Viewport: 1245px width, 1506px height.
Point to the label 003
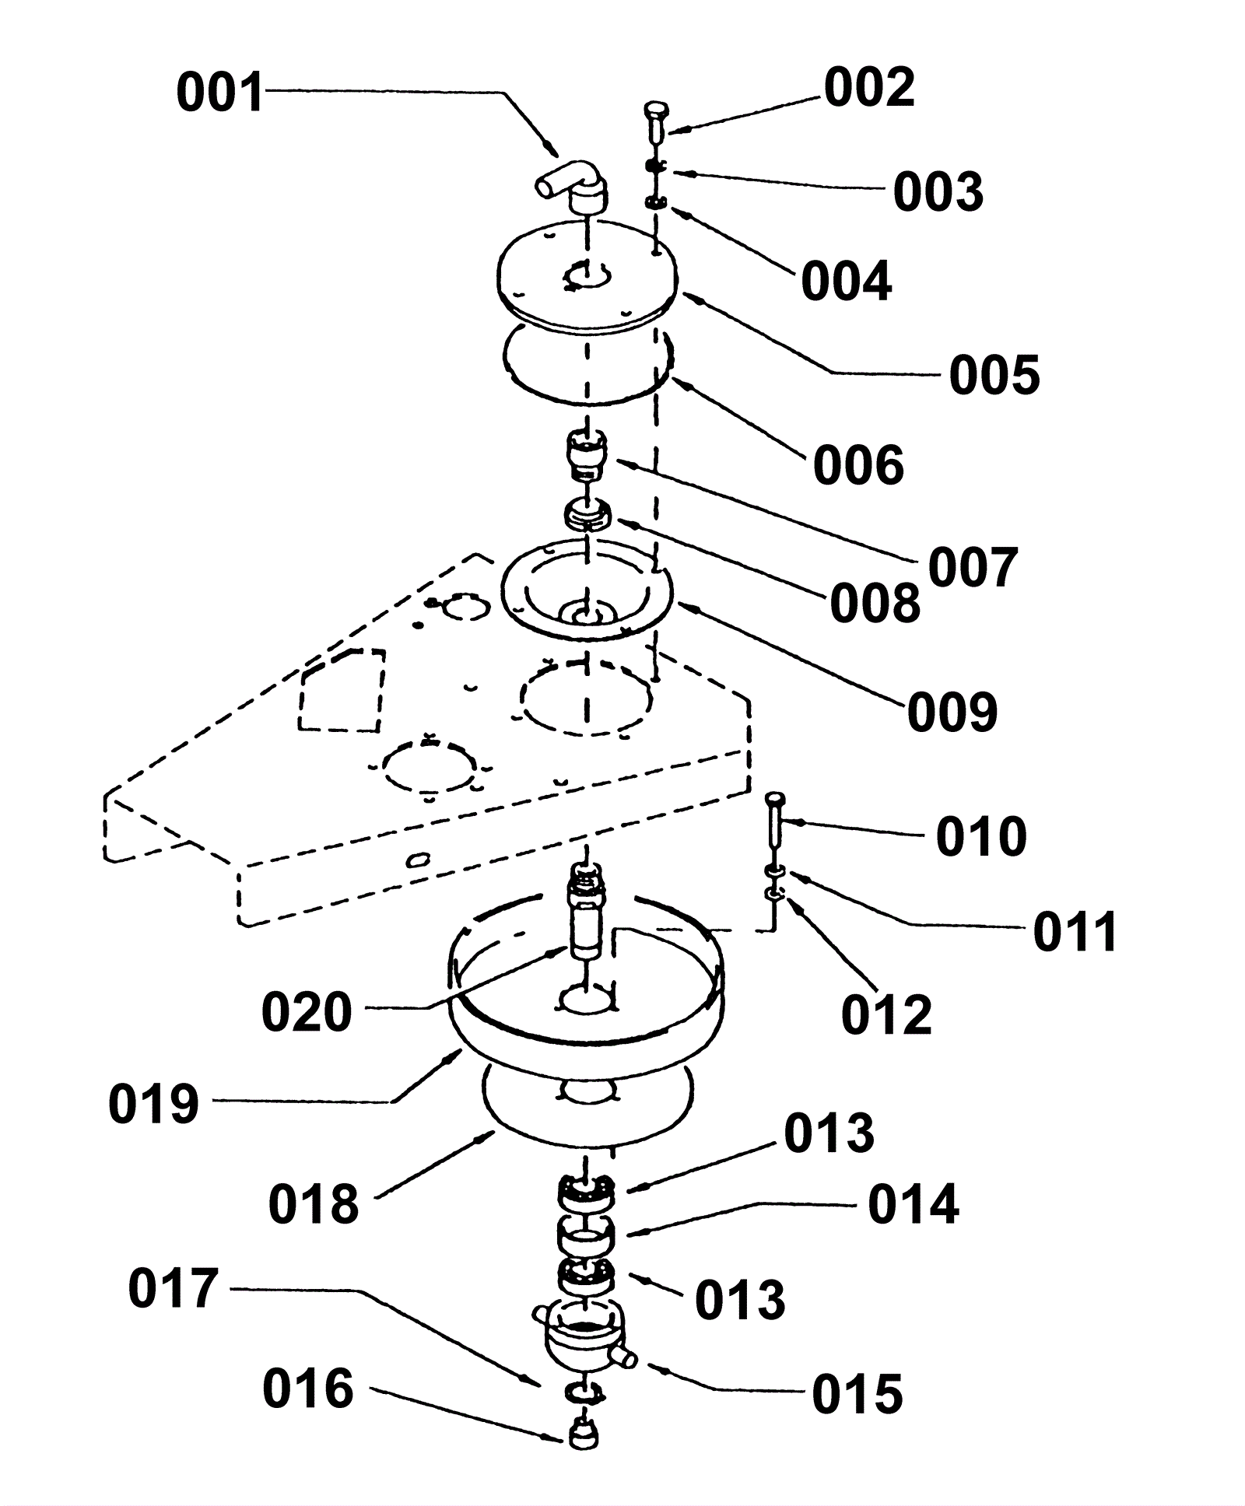point(938,192)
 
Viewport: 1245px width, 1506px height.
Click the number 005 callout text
point(994,375)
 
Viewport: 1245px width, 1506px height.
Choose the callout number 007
point(973,568)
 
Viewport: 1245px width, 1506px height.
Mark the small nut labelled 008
point(587,515)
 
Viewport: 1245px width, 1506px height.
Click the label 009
point(952,712)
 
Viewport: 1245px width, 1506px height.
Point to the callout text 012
point(886,1014)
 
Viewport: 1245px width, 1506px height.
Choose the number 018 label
point(314,1204)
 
